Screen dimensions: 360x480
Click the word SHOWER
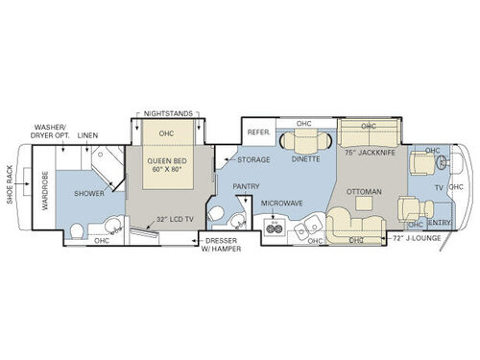click(x=88, y=193)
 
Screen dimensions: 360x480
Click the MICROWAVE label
click(x=281, y=204)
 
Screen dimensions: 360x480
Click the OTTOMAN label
click(x=365, y=192)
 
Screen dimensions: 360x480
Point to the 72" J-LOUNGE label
click(x=414, y=234)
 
